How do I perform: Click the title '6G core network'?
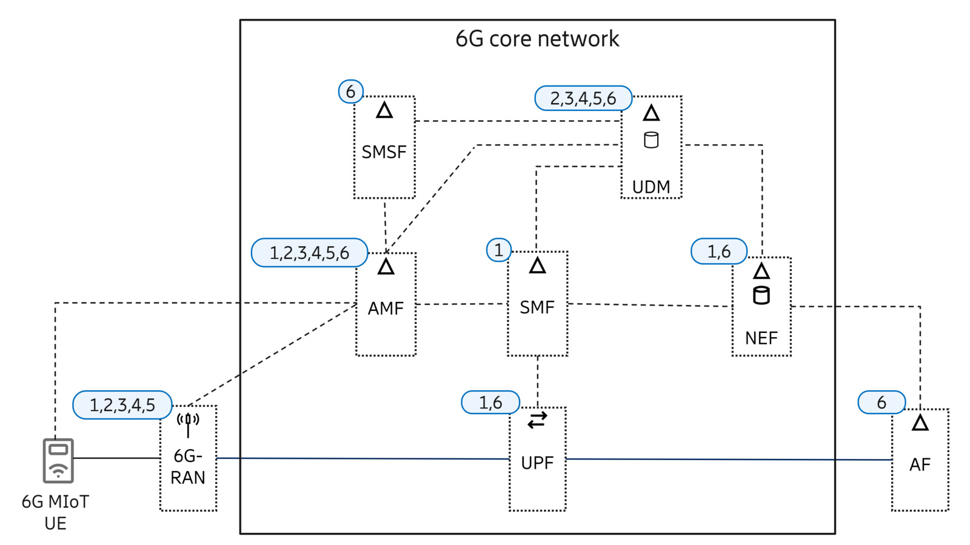537,39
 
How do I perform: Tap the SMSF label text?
384,152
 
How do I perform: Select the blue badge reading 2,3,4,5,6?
583,98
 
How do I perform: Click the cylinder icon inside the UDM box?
651,140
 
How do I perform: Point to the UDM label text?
651,187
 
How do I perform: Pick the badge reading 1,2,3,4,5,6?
309,253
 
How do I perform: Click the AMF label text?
386,308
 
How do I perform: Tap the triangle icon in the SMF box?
537,266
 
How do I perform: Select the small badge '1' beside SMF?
498,250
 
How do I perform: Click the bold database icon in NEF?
761,295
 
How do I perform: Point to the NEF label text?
761,338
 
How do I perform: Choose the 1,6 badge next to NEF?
719,251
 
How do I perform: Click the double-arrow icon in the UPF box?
537,420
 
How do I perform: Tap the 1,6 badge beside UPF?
490,403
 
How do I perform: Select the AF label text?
920,464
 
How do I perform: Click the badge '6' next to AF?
881,403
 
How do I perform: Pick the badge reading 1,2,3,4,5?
122,405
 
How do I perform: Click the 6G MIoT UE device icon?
58,461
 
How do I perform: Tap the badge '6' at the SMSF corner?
350,92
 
